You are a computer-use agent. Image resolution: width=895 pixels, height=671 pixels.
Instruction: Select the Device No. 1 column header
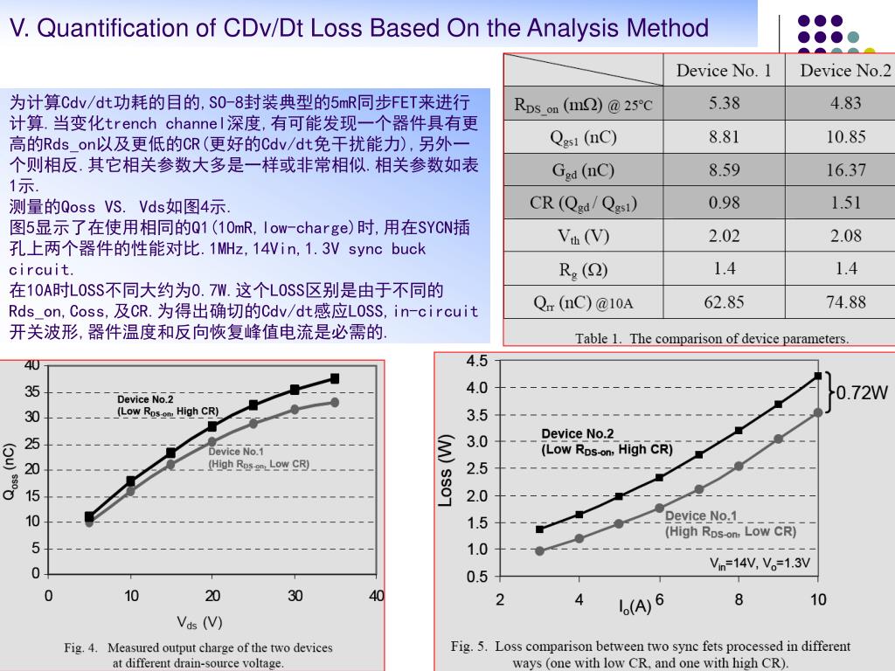724,71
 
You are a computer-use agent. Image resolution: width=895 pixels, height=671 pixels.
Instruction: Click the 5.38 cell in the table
725,103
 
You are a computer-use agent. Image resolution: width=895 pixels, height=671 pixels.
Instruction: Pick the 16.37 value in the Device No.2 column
845,169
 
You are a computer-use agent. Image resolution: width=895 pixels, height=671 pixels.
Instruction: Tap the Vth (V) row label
583,236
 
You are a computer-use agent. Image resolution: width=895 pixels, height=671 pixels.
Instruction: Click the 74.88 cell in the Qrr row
845,302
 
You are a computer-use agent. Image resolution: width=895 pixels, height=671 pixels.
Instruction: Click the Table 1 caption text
711,338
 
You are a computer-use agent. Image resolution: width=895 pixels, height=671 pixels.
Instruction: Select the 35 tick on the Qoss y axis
32,391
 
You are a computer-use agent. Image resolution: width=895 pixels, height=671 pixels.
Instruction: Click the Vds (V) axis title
200,622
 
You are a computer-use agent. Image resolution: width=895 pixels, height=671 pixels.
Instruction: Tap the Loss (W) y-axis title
446,469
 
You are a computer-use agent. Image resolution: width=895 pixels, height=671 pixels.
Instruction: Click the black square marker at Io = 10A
818,376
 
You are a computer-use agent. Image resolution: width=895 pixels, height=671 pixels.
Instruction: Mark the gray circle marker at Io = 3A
539,551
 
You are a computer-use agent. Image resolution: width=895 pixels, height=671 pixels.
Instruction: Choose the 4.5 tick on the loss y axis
477,361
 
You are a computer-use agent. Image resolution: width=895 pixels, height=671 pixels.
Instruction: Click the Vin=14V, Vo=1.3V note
759,564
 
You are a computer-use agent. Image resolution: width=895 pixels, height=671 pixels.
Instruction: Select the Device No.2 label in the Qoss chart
145,399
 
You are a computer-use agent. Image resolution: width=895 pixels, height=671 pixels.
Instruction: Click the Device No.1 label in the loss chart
701,515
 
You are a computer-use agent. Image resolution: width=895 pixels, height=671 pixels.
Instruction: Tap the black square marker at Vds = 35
335,378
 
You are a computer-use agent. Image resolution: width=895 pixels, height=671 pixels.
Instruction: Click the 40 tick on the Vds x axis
377,596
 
